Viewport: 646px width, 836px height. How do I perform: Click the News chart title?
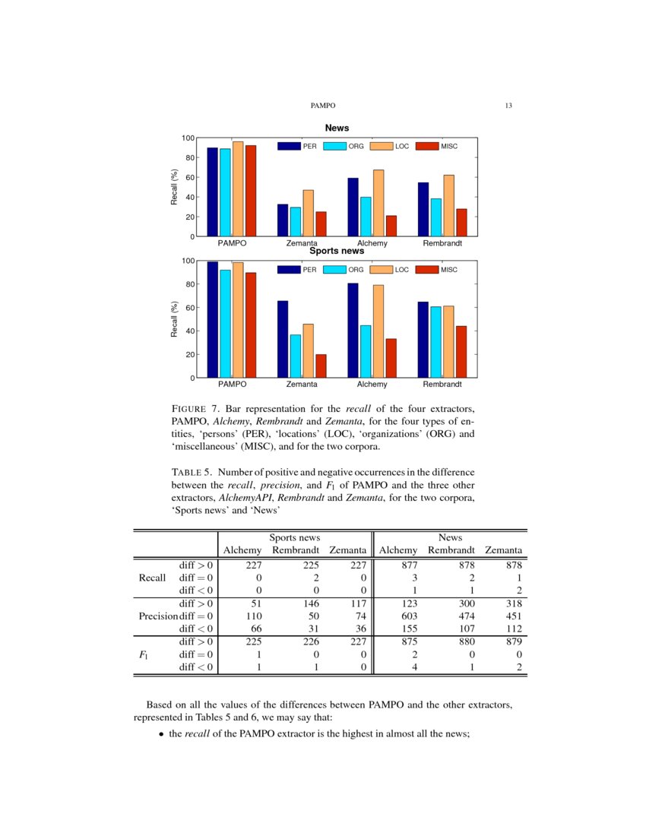pyautogui.click(x=337, y=128)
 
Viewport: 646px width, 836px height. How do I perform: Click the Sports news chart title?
pyautogui.click(x=337, y=251)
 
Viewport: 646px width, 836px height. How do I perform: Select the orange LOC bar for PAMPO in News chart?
pyautogui.click(x=238, y=189)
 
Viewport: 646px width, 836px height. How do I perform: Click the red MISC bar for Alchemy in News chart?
pyautogui.click(x=391, y=226)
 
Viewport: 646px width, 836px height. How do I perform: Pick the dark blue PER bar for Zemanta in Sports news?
pyautogui.click(x=283, y=339)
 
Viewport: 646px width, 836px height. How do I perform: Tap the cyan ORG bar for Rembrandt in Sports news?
pyautogui.click(x=435, y=342)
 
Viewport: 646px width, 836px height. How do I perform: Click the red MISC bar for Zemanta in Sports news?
pyautogui.click(x=321, y=366)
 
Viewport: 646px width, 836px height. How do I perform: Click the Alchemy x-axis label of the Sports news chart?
pyautogui.click(x=372, y=385)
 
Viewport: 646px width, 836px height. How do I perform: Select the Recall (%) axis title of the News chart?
pyautogui.click(x=174, y=187)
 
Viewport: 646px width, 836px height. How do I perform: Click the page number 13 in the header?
pyautogui.click(x=508, y=106)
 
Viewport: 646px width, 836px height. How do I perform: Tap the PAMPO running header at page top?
pyautogui.click(x=323, y=106)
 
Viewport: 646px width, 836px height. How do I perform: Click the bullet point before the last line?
pyautogui.click(x=162, y=735)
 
